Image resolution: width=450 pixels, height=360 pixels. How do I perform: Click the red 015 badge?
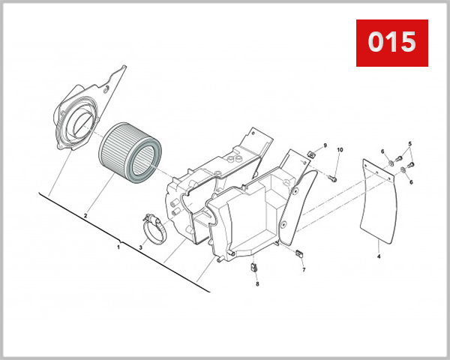point(391,42)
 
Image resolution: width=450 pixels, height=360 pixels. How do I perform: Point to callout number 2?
point(85,216)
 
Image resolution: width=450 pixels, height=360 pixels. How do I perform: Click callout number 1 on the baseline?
point(118,245)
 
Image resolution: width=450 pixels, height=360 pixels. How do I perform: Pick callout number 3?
point(140,247)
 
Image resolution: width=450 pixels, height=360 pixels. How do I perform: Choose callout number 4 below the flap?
point(379,256)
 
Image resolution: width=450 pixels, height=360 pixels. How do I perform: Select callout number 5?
point(410,143)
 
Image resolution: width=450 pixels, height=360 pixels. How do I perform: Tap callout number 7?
point(304,269)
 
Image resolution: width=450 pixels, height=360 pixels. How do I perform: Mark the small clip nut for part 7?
point(298,252)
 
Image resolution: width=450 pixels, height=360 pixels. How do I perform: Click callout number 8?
point(256,284)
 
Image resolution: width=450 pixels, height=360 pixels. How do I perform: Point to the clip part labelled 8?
point(254,265)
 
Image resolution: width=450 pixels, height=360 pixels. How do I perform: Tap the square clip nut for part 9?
point(310,155)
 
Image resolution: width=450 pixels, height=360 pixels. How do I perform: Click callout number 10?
point(339,151)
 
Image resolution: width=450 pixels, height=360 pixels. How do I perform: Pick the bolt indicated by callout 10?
point(332,178)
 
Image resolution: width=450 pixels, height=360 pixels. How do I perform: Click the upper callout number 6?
point(382,151)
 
